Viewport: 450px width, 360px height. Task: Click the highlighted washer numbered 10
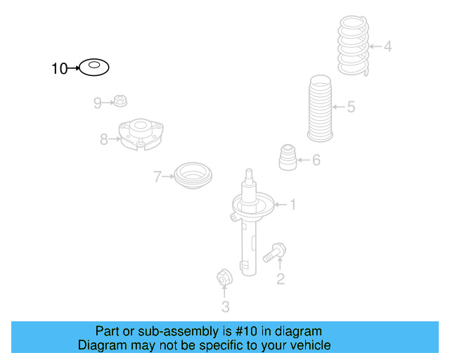point(94,67)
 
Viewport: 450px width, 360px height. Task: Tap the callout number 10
point(59,68)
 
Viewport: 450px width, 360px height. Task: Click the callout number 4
point(387,47)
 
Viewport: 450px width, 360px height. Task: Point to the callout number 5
point(351,107)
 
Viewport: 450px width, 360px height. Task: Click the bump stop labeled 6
point(288,157)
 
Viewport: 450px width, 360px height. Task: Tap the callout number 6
point(316,160)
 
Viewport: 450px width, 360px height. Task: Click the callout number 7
point(158,177)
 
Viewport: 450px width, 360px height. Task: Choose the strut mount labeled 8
point(141,135)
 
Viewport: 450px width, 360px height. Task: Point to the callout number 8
point(104,140)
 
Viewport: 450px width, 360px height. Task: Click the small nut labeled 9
point(121,101)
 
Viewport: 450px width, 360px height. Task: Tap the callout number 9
point(98,103)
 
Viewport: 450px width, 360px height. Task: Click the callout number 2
point(280,280)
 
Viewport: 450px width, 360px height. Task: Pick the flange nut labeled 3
point(224,278)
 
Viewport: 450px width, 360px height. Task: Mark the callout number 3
point(225,306)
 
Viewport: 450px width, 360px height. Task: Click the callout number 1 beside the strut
point(292,205)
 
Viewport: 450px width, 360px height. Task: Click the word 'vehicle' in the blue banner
point(308,345)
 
